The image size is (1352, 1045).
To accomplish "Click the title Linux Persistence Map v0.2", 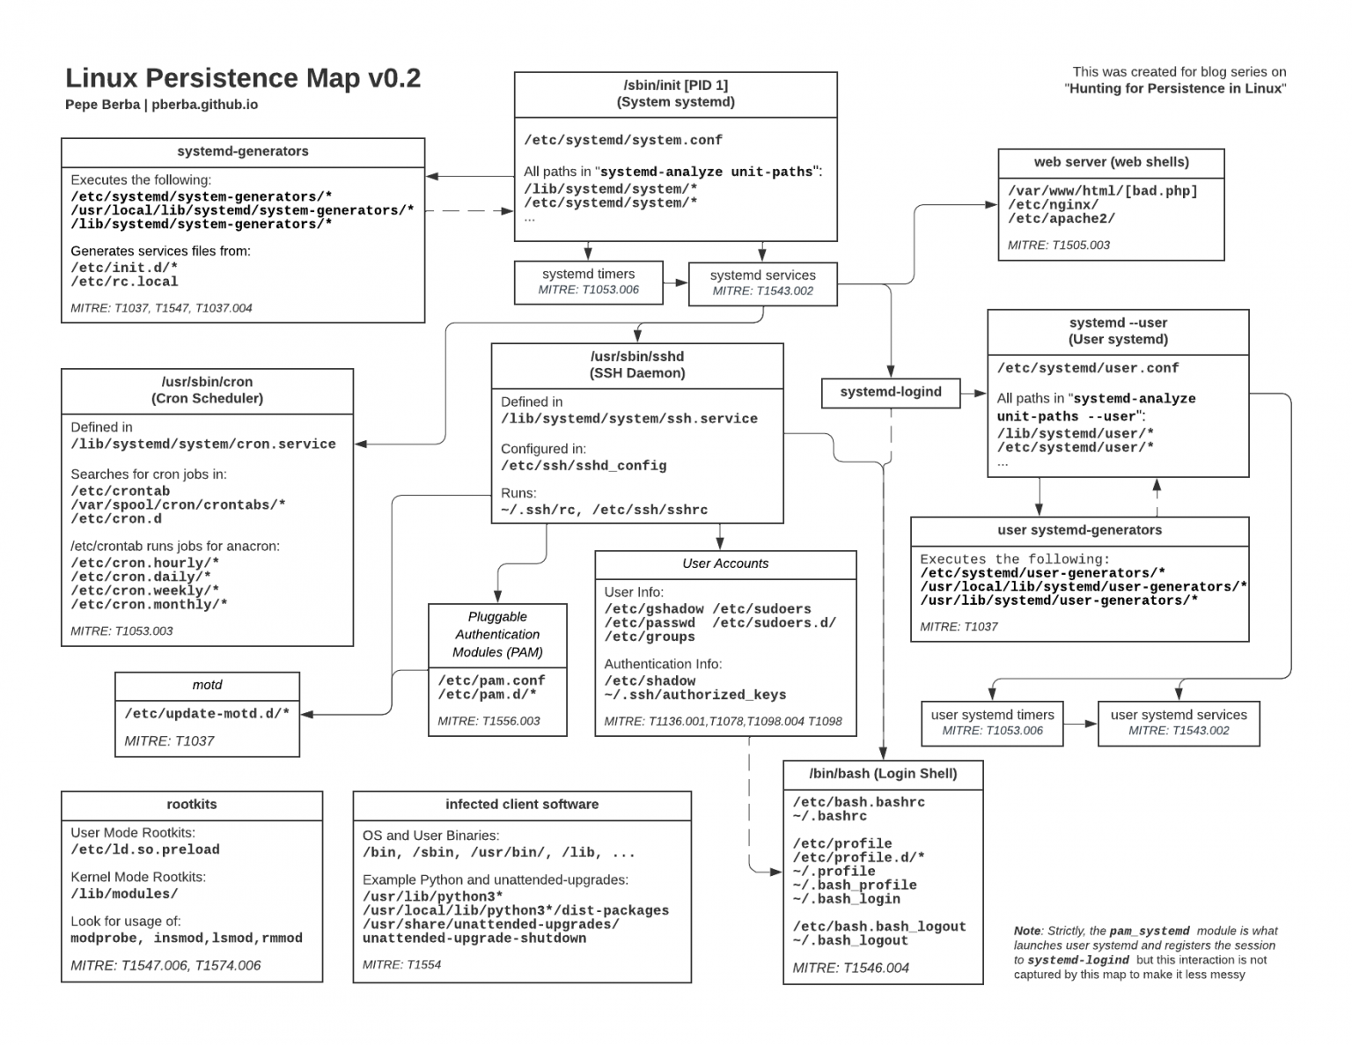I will tap(243, 78).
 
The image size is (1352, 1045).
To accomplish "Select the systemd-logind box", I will tap(890, 393).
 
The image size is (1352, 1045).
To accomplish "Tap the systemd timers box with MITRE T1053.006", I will tap(588, 282).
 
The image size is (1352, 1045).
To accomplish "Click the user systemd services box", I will tap(1178, 723).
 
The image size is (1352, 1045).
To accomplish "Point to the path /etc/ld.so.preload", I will tap(145, 850).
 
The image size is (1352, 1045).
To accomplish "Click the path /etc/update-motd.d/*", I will tap(207, 713).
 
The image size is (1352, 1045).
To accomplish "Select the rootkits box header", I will tap(191, 805).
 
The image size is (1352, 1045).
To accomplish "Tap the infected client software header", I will tap(521, 805).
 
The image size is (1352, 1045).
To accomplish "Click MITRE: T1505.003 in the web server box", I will tap(1059, 245).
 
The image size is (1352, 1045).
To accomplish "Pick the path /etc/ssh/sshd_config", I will tap(584, 466).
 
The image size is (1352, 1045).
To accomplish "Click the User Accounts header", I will tap(725, 563).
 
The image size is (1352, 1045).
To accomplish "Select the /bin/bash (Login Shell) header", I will tap(882, 774).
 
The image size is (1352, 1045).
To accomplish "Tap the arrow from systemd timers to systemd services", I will tap(675, 283).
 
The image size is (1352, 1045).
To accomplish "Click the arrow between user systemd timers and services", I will tap(1080, 724).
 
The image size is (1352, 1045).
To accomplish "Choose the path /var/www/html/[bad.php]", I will tap(1102, 191).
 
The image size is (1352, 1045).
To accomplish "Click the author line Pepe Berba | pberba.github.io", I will tap(161, 105).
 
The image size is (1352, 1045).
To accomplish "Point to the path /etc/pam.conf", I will tap(491, 681).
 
